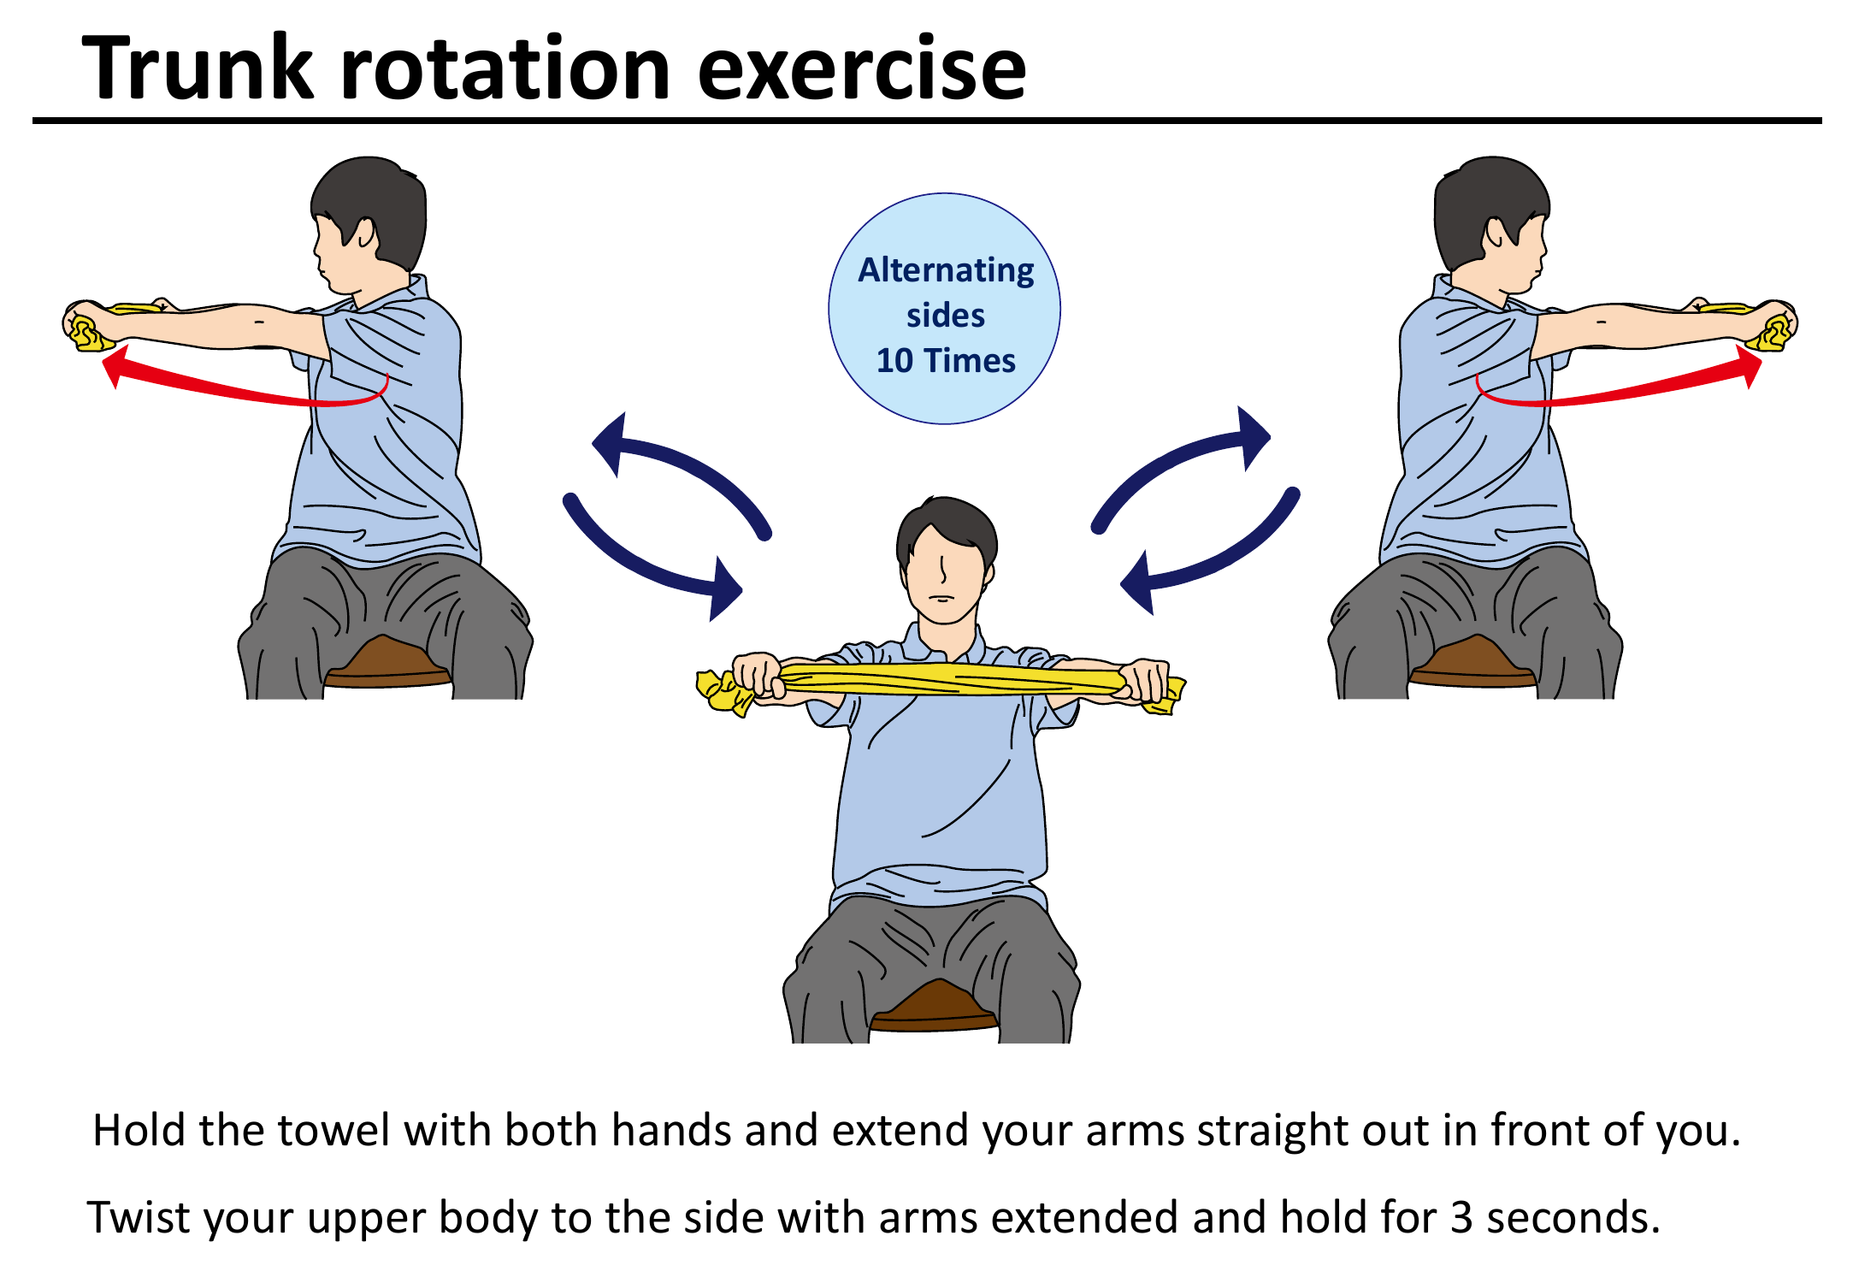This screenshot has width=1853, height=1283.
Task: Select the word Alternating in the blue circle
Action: click(x=946, y=270)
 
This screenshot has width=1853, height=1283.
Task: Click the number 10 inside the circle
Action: click(x=894, y=361)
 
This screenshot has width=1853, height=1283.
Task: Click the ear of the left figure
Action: click(x=366, y=232)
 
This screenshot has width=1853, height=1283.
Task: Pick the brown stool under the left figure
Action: click(x=387, y=664)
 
